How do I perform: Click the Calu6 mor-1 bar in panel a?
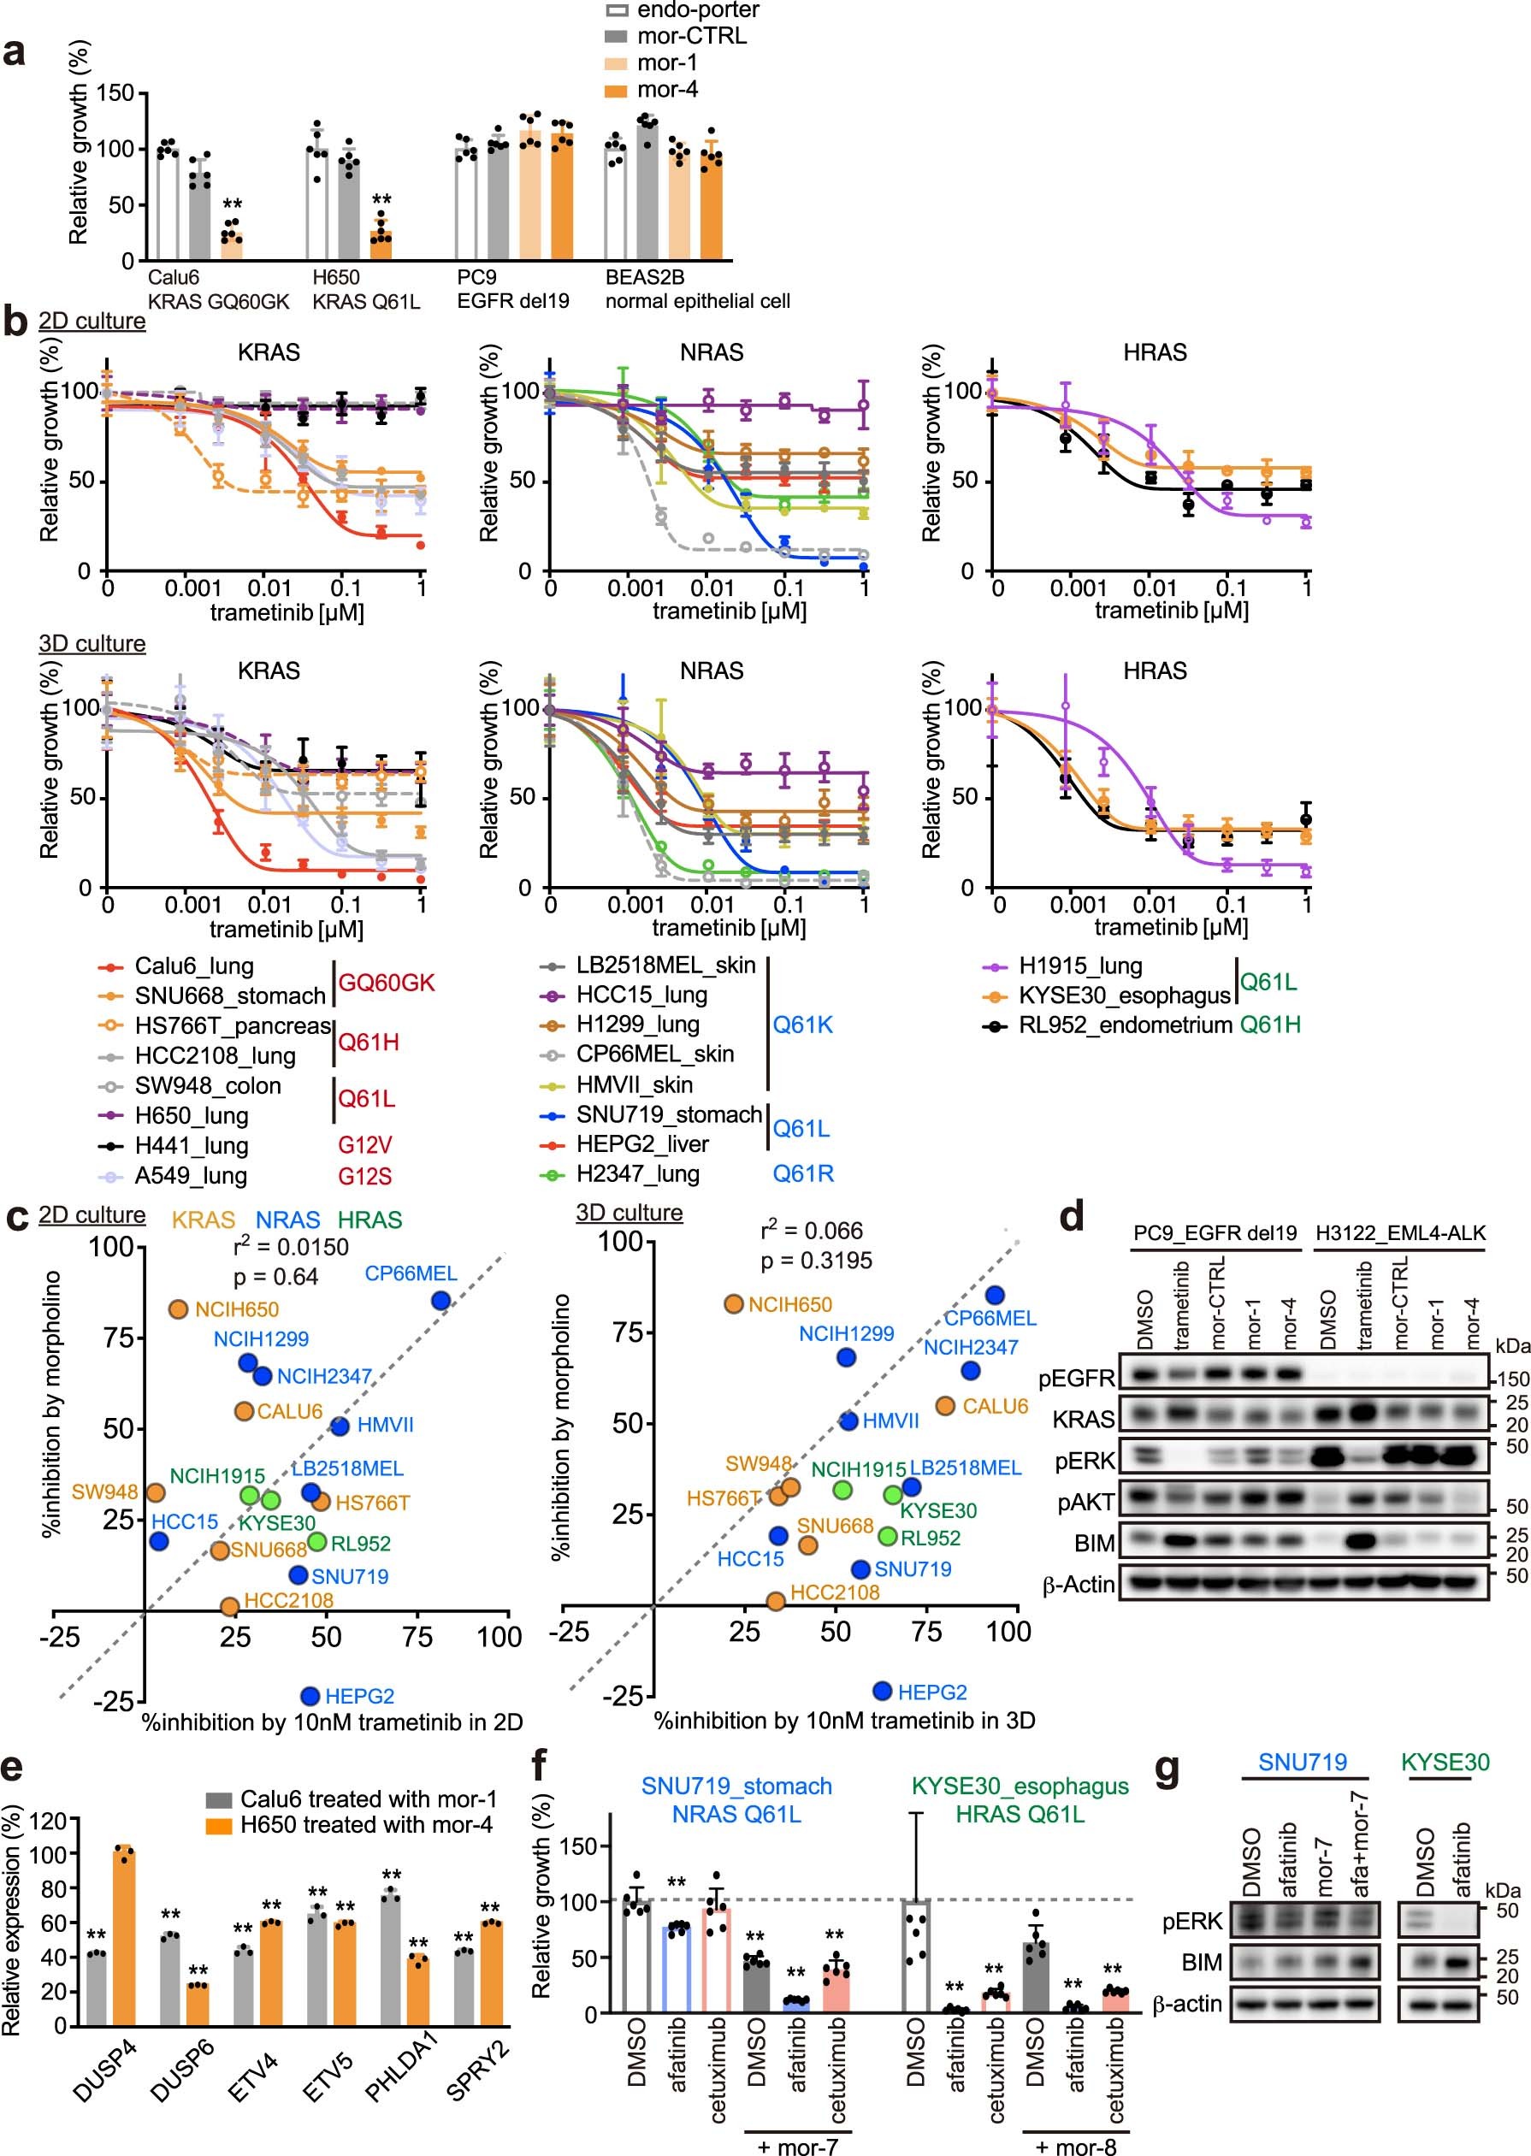tap(231, 245)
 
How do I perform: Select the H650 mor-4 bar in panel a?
tap(381, 246)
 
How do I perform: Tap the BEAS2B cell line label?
tap(645, 277)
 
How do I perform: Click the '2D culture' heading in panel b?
tap(92, 321)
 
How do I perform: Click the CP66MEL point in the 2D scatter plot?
tap(440, 1300)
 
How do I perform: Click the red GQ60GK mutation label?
tap(387, 983)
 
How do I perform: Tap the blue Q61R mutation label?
tap(803, 1173)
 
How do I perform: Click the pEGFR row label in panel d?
tap(1076, 1379)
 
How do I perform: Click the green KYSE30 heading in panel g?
tap(1445, 1762)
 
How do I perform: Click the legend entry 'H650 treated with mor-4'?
tap(366, 1824)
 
